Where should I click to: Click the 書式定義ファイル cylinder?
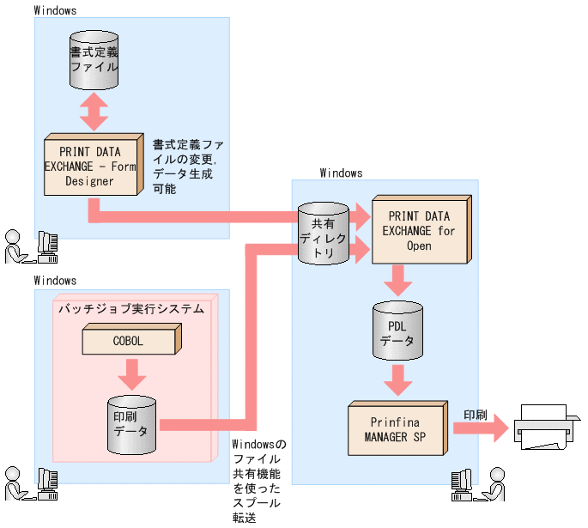[x=94, y=60]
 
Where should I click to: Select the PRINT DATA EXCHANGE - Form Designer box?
[x=94, y=164]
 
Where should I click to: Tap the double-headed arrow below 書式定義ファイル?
[x=94, y=112]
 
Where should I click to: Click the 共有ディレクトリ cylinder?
[x=324, y=234]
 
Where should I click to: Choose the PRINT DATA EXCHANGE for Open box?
[x=421, y=229]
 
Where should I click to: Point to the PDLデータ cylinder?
[x=398, y=331]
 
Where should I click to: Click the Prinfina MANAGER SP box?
[x=398, y=428]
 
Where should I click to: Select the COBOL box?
[x=132, y=339]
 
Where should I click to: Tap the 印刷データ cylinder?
[x=131, y=425]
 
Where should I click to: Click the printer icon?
[x=547, y=427]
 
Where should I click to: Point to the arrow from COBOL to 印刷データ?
[x=131, y=374]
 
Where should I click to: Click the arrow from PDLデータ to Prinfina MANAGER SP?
[x=398, y=380]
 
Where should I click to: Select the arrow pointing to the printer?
[x=481, y=428]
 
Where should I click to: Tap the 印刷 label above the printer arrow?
[x=476, y=415]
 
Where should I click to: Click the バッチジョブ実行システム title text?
[x=131, y=308]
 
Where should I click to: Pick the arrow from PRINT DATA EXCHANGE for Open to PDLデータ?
[x=398, y=281]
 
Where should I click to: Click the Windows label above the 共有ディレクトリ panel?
[x=342, y=173]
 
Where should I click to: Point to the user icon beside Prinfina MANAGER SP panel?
[x=495, y=483]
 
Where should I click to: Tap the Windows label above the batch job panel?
[x=55, y=281]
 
